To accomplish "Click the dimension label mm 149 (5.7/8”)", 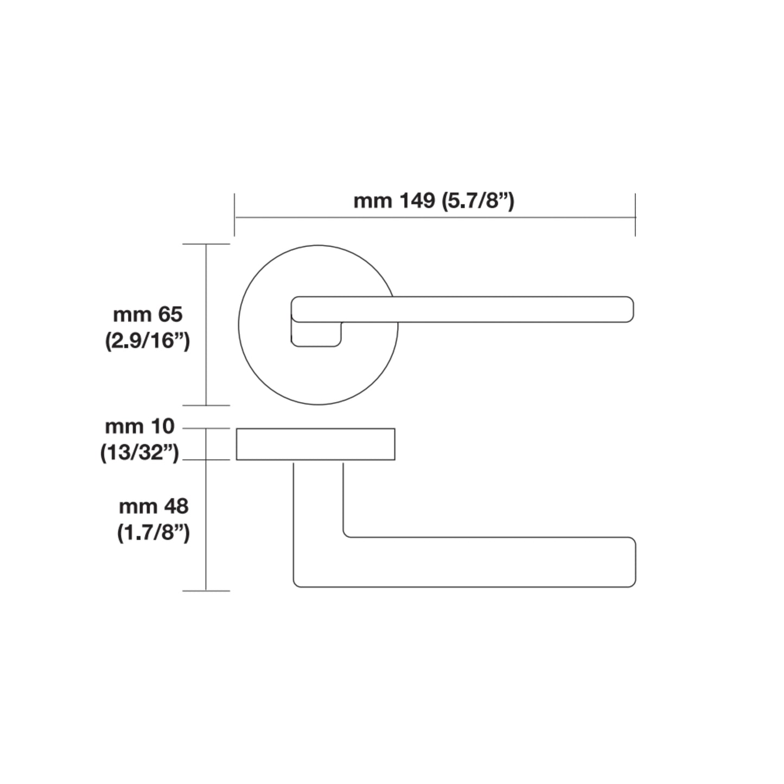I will click(434, 201).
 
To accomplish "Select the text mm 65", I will click(148, 315).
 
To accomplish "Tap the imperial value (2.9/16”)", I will click(148, 341).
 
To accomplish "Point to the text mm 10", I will click(140, 426).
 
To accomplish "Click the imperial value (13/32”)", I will click(140, 452).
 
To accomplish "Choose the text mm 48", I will click(154, 507).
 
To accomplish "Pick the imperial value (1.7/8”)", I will click(154, 533).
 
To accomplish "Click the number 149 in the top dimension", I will click(417, 201).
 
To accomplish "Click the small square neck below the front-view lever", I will click(317, 334).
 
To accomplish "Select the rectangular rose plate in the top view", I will click(315, 444).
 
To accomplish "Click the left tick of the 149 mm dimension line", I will click(234, 215).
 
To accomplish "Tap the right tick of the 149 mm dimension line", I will click(635, 215).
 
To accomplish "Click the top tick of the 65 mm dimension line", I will click(206, 245).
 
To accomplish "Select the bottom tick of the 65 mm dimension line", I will click(206, 405).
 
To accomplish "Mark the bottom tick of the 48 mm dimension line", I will click(206, 591).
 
